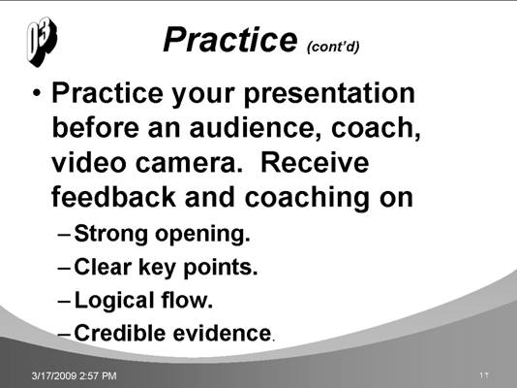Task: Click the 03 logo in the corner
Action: point(42,42)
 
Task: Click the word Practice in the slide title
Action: point(230,40)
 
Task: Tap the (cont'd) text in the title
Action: point(333,47)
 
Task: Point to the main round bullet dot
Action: point(37,93)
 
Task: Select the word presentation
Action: point(329,94)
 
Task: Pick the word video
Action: point(89,162)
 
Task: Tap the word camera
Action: point(189,164)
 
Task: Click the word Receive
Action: point(315,162)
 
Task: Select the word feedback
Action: point(113,197)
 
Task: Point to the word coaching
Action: point(307,198)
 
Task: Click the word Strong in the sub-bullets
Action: point(111,234)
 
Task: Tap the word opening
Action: point(202,235)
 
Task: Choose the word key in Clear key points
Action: point(157,268)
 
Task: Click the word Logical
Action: point(114,301)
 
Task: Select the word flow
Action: point(187,300)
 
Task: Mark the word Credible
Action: point(120,333)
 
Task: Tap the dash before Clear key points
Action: point(64,267)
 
